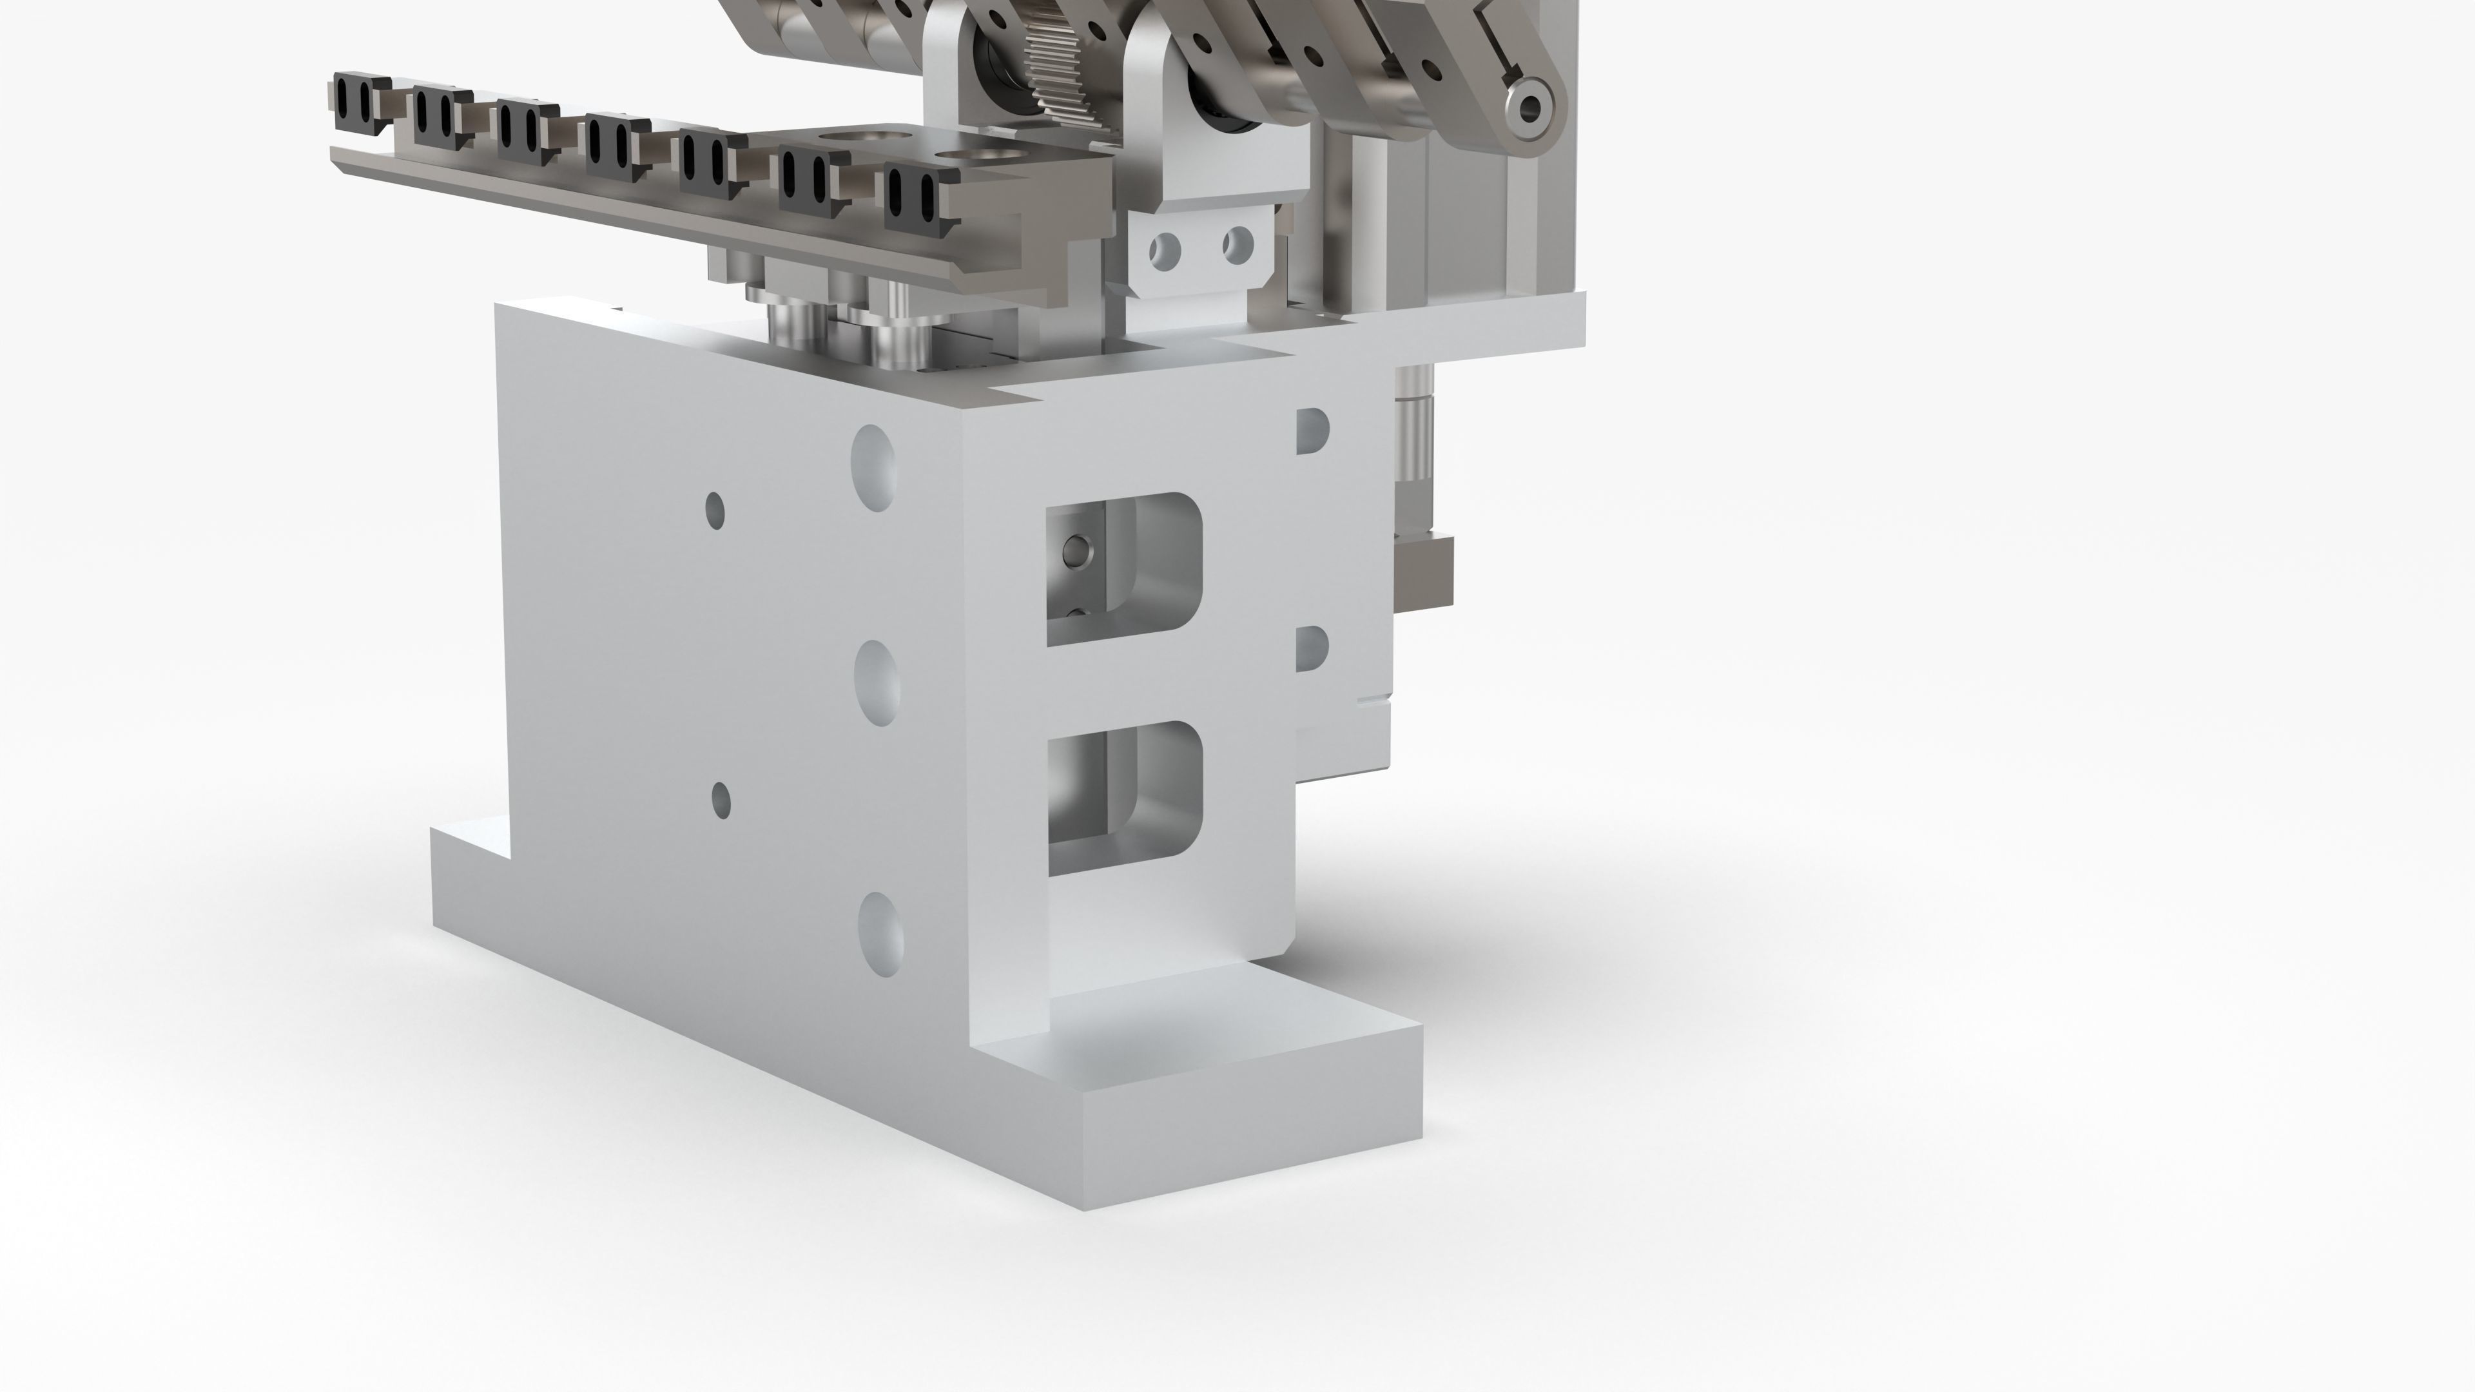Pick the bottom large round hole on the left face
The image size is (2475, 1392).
[x=880, y=934]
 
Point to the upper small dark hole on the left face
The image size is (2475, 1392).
[x=715, y=510]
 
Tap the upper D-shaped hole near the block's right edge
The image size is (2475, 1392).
[x=1312, y=430]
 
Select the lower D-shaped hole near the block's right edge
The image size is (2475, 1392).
[x=1312, y=648]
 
